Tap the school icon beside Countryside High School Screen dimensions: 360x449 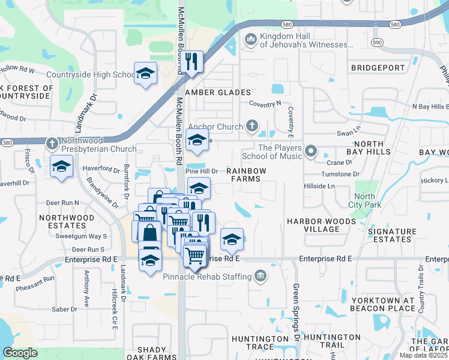[145, 73]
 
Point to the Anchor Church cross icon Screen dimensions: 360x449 [252, 126]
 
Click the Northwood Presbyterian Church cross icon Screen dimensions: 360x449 [52, 144]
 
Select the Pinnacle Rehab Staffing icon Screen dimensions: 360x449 [260, 276]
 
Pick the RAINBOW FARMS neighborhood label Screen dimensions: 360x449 [246, 175]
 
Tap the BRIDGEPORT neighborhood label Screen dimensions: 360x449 [378, 68]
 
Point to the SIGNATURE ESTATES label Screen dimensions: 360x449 [392, 235]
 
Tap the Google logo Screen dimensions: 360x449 [20, 353]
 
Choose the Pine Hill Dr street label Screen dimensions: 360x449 [202, 171]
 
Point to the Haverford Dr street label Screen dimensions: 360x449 [102, 169]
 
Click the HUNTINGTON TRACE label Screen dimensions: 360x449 [259, 343]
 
